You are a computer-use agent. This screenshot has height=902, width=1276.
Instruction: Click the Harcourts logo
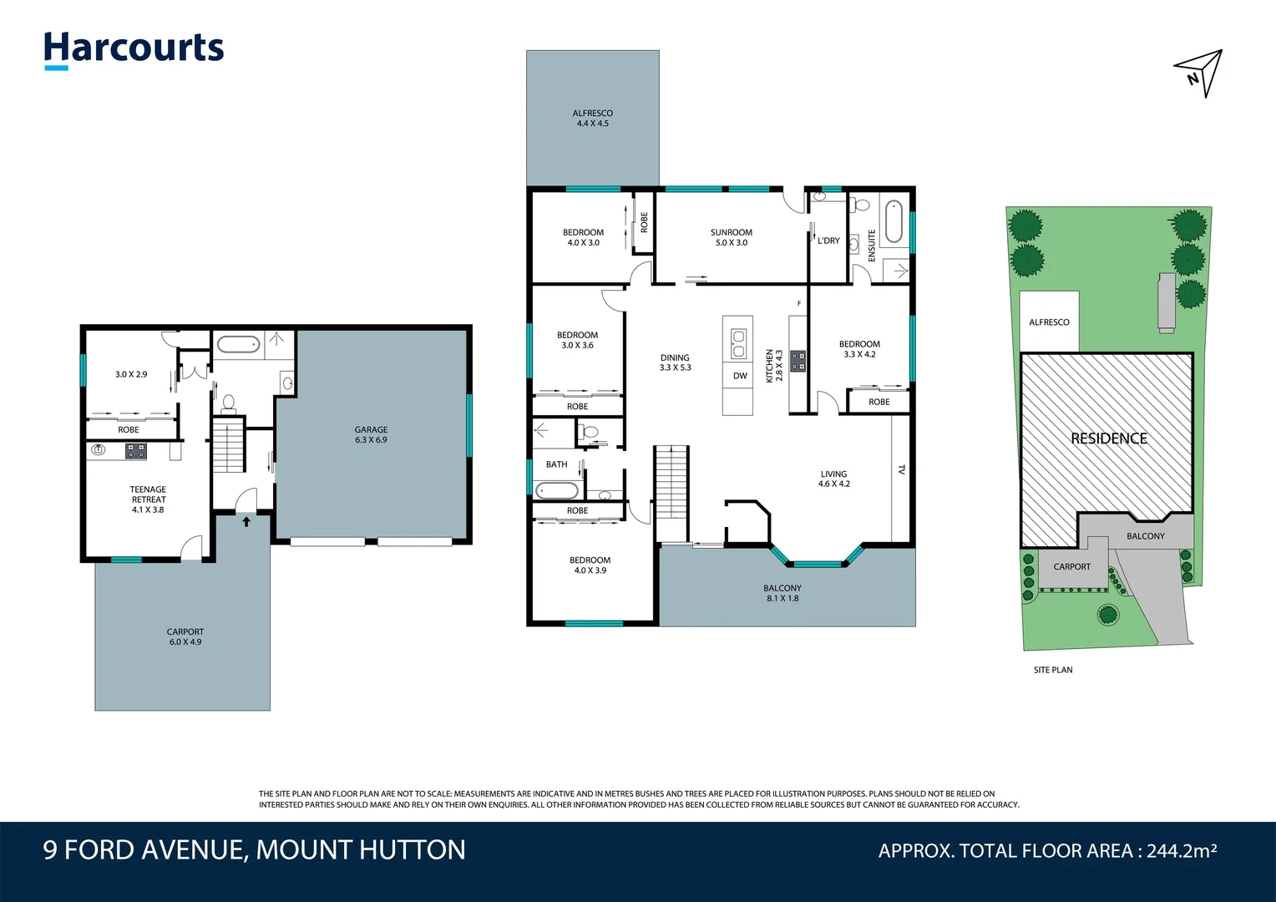134,49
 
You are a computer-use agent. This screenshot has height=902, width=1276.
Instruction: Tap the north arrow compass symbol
1201,72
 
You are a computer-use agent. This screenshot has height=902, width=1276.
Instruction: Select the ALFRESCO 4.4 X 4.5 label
592,118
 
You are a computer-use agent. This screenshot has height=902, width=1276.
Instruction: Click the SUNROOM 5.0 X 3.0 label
731,237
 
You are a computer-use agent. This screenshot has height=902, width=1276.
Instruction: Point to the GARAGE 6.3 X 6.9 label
371,434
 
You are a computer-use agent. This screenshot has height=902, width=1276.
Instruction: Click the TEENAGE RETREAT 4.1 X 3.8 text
148,499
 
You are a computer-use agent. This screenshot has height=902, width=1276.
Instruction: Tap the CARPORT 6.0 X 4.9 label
185,636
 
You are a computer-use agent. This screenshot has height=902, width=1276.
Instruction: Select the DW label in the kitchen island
740,376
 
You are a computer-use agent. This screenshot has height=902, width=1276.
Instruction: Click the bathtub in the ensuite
893,220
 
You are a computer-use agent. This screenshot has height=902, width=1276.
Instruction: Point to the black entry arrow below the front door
246,522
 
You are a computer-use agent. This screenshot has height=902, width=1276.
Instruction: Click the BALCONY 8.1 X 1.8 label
782,593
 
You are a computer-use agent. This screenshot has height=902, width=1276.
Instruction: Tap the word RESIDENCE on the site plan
1108,438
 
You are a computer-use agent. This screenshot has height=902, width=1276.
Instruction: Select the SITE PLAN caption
1052,670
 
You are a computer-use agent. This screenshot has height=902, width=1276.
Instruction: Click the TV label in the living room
901,469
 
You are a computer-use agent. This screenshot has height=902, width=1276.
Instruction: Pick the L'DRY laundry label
828,241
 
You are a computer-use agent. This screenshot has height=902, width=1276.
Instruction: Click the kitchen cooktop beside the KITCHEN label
797,361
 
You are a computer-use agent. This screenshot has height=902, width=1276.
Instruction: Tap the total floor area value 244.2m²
1181,851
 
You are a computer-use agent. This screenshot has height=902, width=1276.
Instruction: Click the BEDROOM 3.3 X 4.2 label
859,349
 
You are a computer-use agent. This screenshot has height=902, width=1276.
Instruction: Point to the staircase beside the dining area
671,493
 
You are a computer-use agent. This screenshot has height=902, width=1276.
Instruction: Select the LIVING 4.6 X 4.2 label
833,479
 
